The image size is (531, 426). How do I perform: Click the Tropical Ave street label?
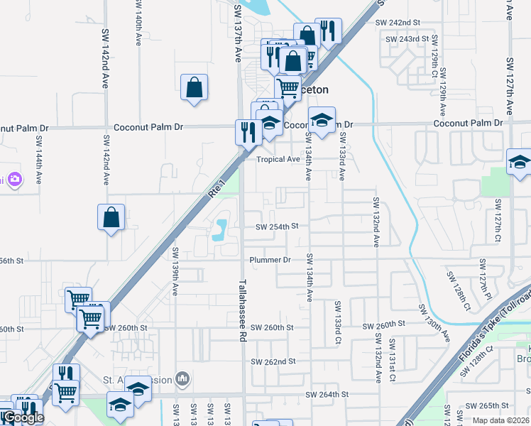pyautogui.click(x=278, y=160)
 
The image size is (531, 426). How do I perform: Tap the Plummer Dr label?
pyautogui.click(x=270, y=260)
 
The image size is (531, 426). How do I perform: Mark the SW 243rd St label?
pyautogui.click(x=407, y=38)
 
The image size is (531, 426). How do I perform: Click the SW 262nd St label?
pyautogui.click(x=273, y=361)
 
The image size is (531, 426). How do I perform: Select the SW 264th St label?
pyautogui.click(x=327, y=394)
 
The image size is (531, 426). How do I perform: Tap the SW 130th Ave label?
pyautogui.click(x=434, y=322)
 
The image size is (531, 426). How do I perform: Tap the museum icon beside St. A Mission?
pyautogui.click(x=183, y=380)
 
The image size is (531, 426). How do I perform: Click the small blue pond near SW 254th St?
pyautogui.click(x=221, y=229)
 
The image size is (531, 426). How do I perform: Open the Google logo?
pyautogui.click(x=23, y=417)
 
